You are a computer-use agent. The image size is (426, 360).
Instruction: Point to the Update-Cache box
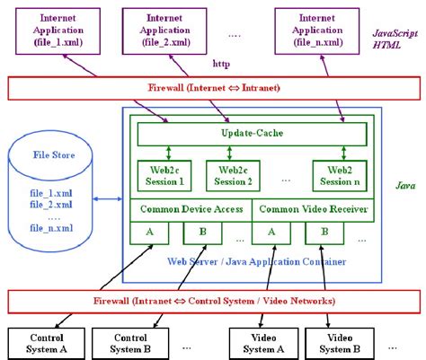coord(251,134)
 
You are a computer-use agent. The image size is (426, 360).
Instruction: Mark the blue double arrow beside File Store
coord(109,198)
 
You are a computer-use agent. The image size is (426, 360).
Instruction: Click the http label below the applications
coord(221,64)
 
